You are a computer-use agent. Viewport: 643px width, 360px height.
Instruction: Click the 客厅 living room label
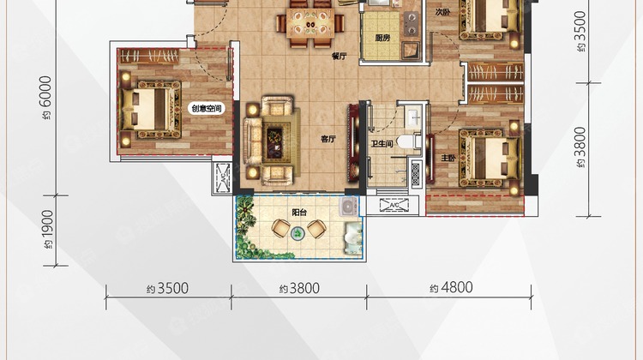[x=328, y=140]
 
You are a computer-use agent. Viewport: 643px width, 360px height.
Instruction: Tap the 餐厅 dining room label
[x=340, y=57]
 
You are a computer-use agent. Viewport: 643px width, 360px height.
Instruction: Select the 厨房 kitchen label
[x=382, y=38]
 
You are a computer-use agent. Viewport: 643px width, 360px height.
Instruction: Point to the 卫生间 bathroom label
[x=382, y=144]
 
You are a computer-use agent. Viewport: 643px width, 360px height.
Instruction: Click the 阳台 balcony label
[x=299, y=213]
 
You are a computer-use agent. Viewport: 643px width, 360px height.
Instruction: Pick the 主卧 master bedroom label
[x=448, y=158]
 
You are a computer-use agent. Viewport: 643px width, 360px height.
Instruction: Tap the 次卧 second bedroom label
[x=443, y=12]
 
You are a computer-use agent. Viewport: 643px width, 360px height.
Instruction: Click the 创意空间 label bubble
[x=207, y=109]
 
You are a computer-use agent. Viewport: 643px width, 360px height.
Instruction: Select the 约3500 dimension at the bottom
[x=168, y=288]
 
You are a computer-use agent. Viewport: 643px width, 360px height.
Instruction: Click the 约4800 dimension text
[x=451, y=287]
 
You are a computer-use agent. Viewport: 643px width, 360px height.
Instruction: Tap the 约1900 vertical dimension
[x=47, y=229]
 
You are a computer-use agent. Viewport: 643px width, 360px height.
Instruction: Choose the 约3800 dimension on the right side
[x=580, y=147]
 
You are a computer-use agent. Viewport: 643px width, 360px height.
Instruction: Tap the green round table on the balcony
[x=297, y=234]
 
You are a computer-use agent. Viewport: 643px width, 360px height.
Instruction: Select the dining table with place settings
[x=310, y=23]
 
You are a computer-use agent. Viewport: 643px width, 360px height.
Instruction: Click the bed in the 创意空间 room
[x=151, y=109]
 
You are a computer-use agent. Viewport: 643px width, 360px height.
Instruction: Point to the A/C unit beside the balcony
[x=394, y=205]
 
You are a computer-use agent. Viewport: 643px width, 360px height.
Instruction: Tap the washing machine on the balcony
[x=348, y=207]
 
